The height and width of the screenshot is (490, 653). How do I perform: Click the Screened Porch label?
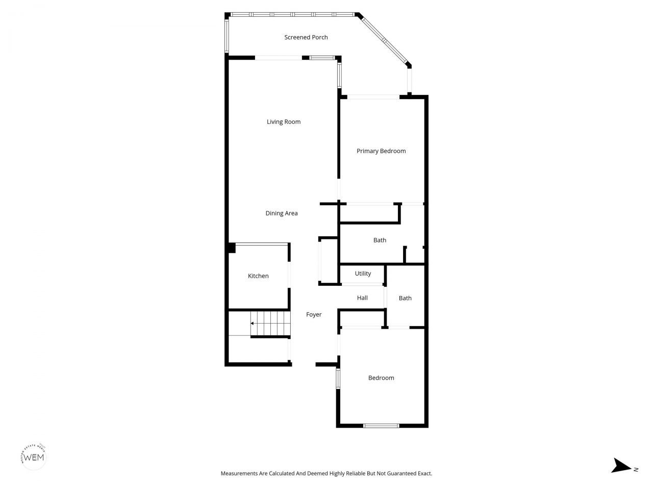[x=306, y=37]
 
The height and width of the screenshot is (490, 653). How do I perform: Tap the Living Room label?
[x=284, y=121]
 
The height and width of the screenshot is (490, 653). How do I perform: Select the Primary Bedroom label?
[x=381, y=151]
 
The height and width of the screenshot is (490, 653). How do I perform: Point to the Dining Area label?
[x=282, y=213]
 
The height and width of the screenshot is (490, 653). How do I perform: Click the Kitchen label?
[x=258, y=276]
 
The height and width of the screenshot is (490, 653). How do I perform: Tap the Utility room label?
[x=363, y=274]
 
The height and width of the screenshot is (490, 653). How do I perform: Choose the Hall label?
[x=362, y=298]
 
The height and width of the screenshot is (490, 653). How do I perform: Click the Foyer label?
[x=314, y=315]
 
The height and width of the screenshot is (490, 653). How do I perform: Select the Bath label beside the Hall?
[x=405, y=298]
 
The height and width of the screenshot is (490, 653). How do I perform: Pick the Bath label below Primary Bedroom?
[x=380, y=240]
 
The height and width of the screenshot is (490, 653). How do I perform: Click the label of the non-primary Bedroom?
[x=381, y=378]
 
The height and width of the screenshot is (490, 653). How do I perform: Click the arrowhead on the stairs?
[x=252, y=324]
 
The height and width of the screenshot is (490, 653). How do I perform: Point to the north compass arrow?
[x=621, y=465]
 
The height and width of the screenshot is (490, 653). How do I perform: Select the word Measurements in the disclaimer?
[x=239, y=474]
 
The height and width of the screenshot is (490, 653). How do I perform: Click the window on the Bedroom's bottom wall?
[x=381, y=425]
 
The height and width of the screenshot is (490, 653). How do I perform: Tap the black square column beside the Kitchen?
[x=232, y=248]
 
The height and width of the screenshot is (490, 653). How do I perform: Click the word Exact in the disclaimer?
[x=424, y=474]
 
